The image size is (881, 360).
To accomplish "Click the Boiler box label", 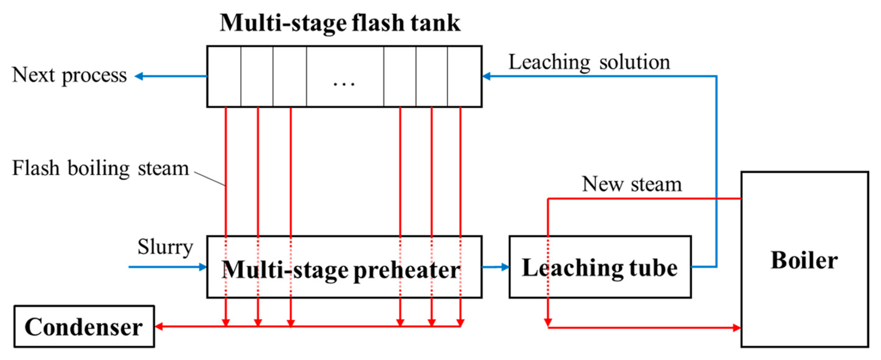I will (804, 260).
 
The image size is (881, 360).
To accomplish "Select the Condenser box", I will (84, 327).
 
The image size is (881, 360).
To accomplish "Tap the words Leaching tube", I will (599, 268).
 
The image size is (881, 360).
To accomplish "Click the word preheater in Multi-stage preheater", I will (407, 270).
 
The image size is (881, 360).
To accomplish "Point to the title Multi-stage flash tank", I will (340, 23).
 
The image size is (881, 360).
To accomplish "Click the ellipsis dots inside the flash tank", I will (344, 83).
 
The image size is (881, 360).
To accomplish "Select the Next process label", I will (69, 75).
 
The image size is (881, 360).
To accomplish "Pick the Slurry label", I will (165, 247).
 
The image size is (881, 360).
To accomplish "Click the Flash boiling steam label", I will (100, 168).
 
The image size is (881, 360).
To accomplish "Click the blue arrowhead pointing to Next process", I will (139, 76).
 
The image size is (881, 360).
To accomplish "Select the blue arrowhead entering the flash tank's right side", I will (487, 76).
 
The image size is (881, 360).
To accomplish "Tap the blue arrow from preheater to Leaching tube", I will (496, 267).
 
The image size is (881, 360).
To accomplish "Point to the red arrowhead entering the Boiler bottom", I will (736, 328).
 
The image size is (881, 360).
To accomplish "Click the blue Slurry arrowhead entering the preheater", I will (203, 267).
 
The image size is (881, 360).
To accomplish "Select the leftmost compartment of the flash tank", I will (224, 76).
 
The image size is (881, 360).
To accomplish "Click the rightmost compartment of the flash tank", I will (464, 76).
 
